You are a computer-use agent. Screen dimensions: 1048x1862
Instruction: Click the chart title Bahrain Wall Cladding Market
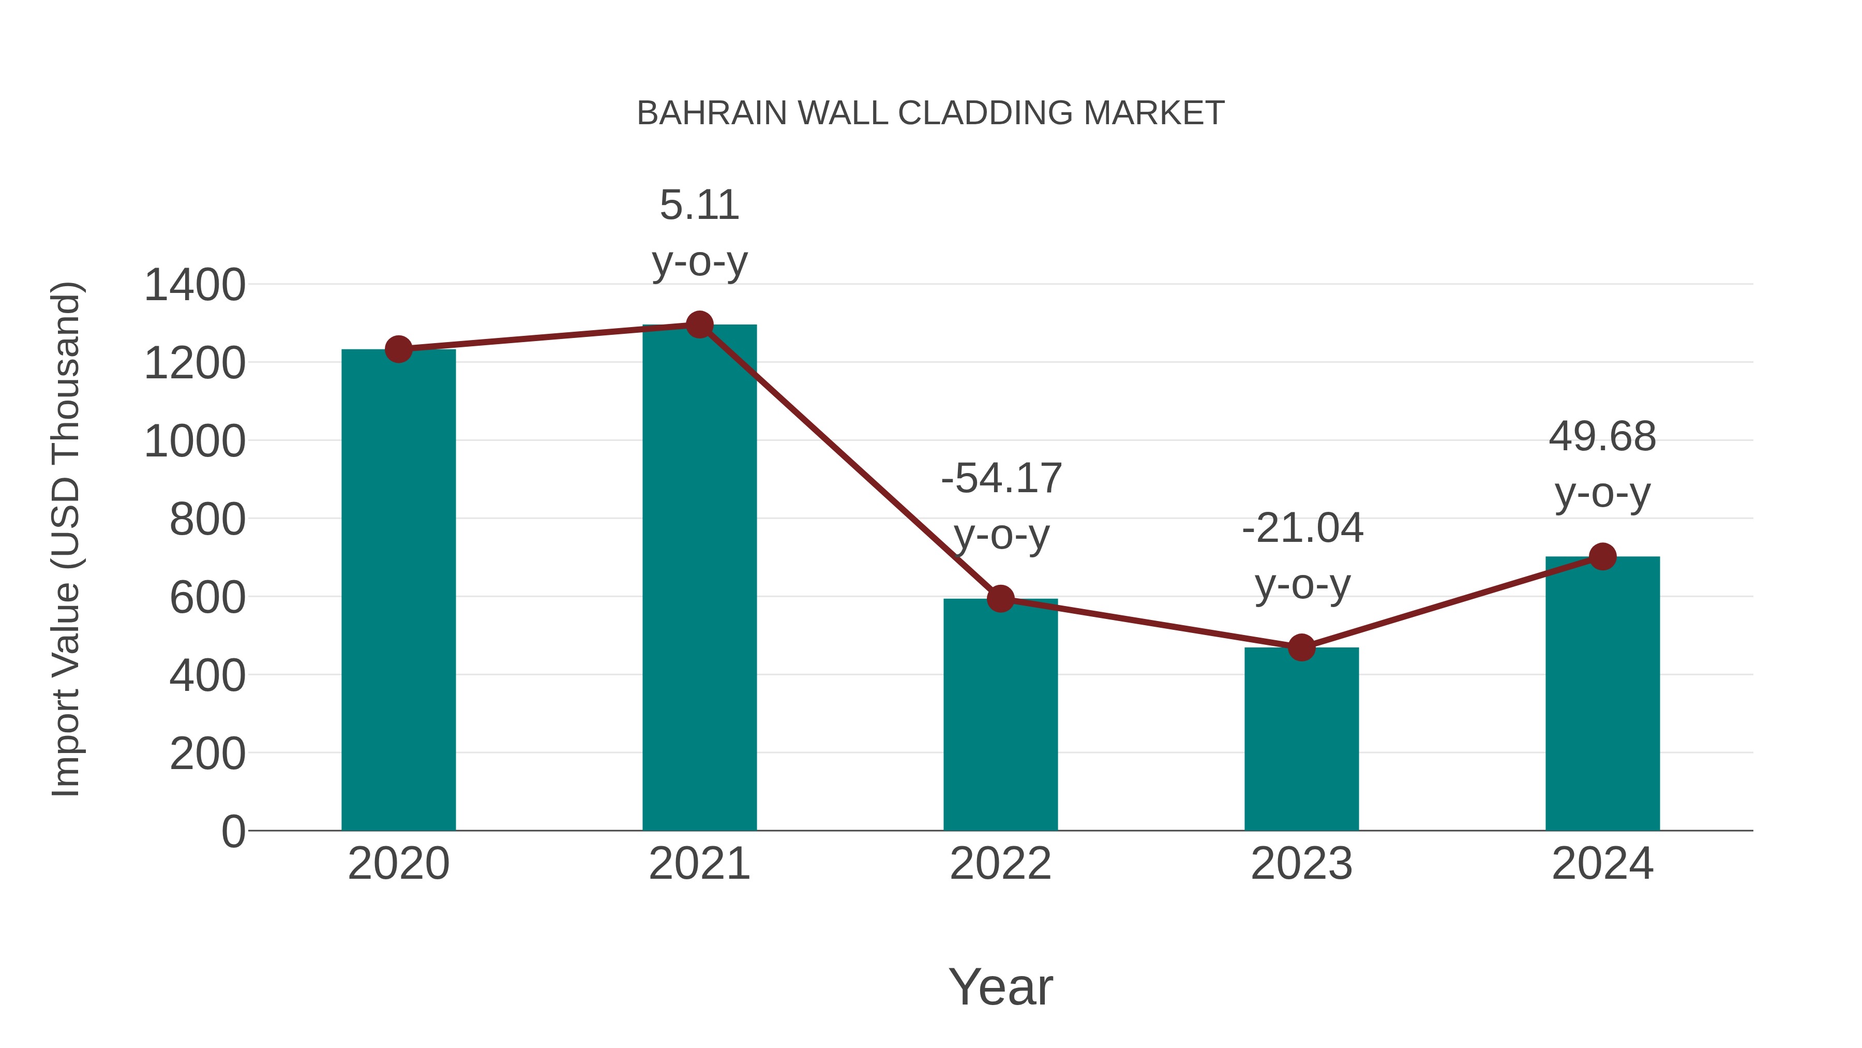coord(930,113)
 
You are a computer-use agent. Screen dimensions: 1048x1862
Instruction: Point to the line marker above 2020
coord(398,349)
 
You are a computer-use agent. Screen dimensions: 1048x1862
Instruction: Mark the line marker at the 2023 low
coord(1301,647)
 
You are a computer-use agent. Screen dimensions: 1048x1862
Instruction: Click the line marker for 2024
coord(1602,556)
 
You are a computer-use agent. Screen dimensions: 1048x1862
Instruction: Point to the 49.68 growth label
coord(1602,437)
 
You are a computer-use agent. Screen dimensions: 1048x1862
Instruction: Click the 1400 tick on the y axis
coord(194,285)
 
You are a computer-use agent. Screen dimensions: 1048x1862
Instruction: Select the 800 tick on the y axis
coord(207,519)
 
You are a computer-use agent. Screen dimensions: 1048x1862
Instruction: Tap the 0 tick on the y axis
coord(233,831)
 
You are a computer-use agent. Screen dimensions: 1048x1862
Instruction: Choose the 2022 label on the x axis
coord(1000,864)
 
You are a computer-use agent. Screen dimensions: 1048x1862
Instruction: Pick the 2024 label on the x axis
coord(1602,864)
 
